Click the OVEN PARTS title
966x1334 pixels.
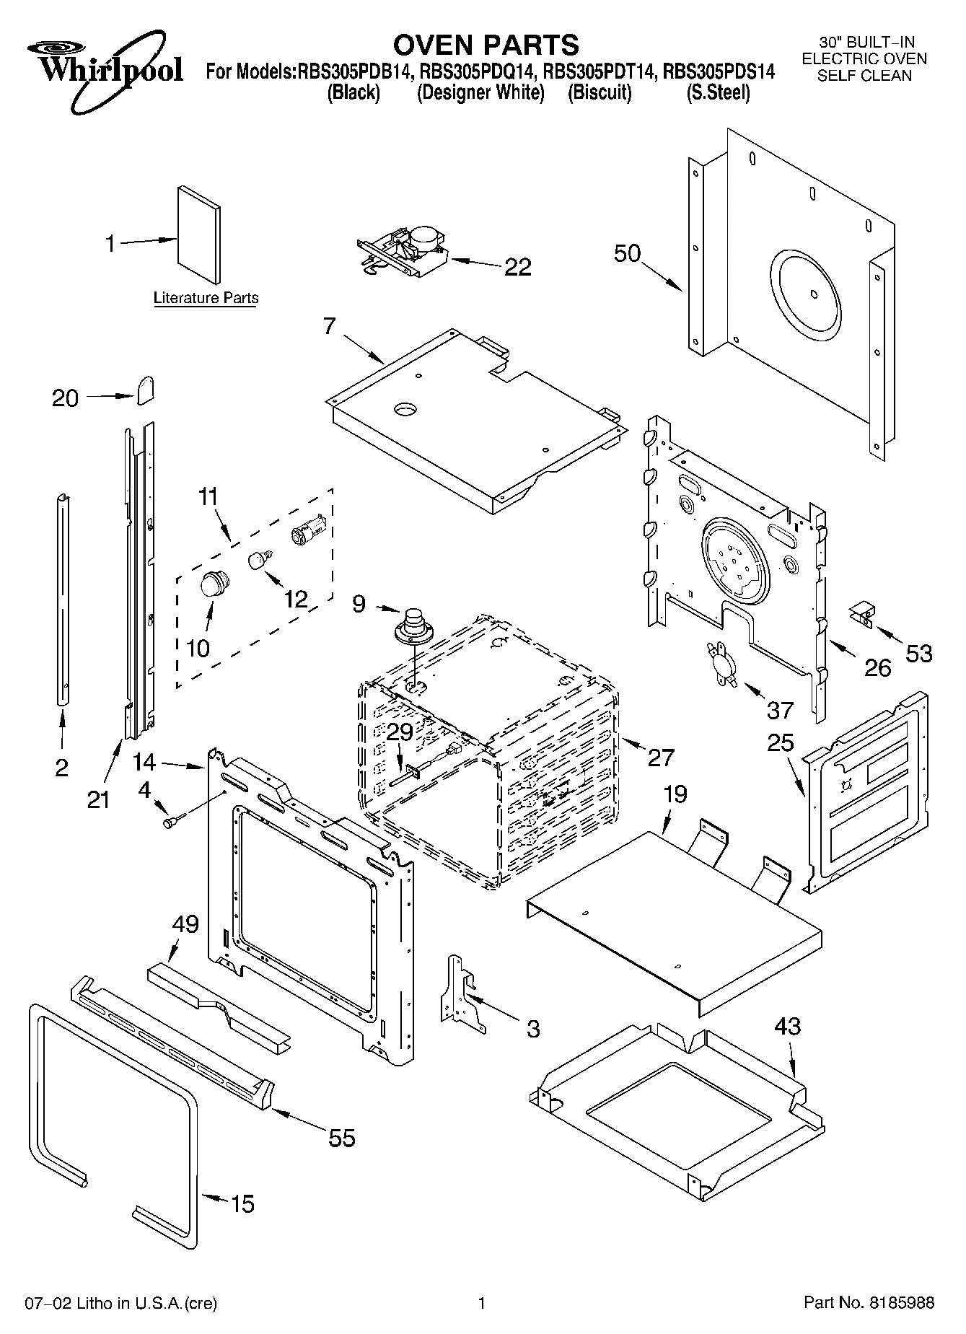coord(485,44)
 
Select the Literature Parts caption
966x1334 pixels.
coord(206,298)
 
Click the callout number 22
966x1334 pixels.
coord(517,268)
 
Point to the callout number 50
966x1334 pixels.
coord(627,253)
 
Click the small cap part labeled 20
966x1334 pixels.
coord(146,390)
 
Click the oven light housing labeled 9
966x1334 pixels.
coord(413,625)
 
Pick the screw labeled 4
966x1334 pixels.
coord(173,820)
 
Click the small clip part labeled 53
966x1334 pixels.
coord(861,615)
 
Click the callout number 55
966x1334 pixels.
coord(341,1138)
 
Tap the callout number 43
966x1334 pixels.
coord(787,1026)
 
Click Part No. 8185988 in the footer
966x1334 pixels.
coord(869,1303)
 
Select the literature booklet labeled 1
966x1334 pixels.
coord(199,234)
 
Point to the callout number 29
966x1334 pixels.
coord(400,732)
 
